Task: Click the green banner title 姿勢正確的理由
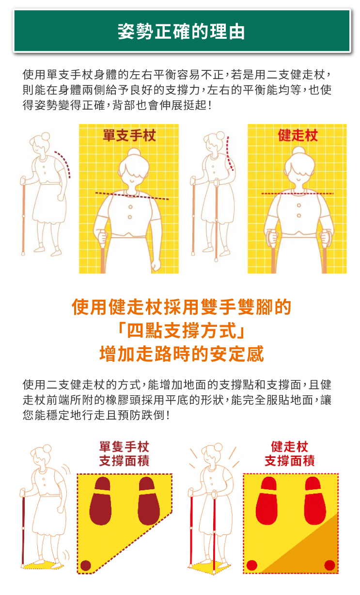181,32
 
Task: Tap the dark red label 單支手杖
129,135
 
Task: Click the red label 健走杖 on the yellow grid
297,135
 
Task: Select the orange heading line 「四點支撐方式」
181,330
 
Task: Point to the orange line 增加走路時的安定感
182,354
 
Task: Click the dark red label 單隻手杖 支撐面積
124,453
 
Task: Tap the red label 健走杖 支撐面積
290,453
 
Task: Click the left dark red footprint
101,500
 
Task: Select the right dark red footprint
149,500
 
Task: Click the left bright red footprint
267,500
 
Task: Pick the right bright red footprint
315,500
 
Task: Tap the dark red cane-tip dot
85,565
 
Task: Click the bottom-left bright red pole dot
251,565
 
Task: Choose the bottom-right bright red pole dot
329,565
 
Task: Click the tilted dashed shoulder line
132,196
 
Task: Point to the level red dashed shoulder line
297,193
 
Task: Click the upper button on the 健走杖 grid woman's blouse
299,205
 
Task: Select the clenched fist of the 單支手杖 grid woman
156,265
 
